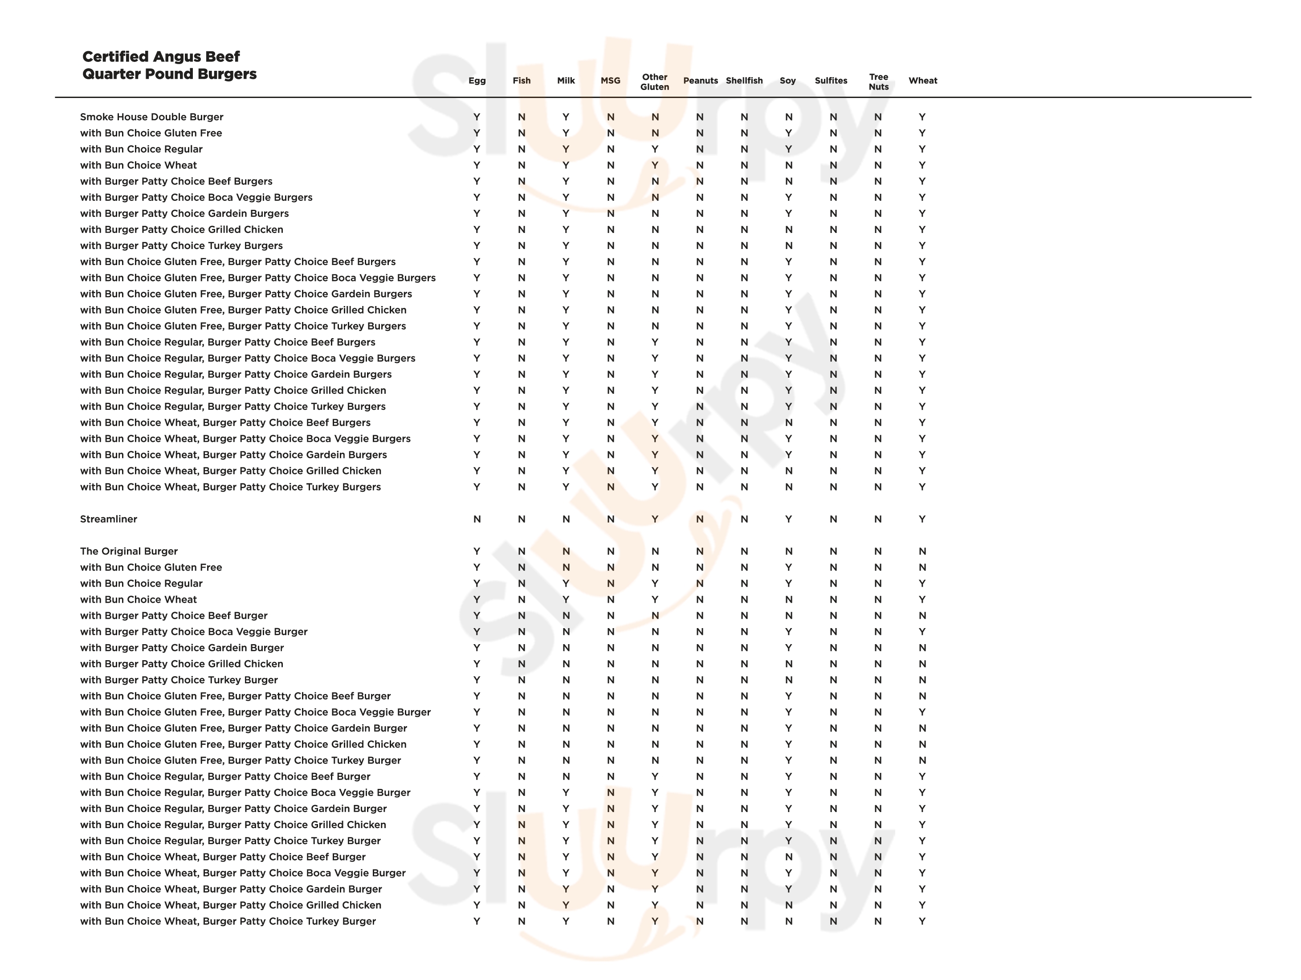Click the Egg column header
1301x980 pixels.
[477, 81]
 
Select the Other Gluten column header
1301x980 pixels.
[655, 82]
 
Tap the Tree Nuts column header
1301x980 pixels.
[878, 82]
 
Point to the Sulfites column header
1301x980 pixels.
[831, 81]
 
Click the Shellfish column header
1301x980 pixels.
[744, 81]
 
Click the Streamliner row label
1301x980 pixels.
[108, 519]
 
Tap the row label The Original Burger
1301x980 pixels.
[128, 551]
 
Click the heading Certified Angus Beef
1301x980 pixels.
[161, 57]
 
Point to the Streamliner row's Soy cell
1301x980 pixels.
[788, 519]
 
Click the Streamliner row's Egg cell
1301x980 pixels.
[477, 519]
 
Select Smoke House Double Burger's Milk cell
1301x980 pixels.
[565, 117]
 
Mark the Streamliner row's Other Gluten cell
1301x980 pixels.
[655, 519]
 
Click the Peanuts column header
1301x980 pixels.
[700, 81]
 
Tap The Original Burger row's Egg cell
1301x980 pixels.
[477, 551]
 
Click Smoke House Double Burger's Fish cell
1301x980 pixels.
[521, 117]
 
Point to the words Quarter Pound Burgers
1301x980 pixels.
[169, 74]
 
